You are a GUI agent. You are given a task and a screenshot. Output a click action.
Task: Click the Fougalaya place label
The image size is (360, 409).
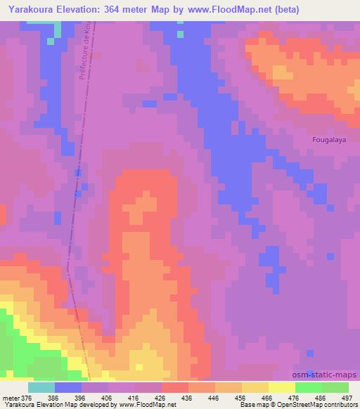point(329,139)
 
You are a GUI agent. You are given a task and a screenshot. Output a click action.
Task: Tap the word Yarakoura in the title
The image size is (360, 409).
point(30,10)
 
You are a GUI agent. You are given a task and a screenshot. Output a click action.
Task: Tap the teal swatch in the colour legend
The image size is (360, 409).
point(41,387)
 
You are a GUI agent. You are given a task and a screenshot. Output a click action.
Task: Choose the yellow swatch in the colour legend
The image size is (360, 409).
point(282,387)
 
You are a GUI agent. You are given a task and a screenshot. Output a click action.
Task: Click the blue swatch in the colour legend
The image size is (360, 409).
point(68,387)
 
